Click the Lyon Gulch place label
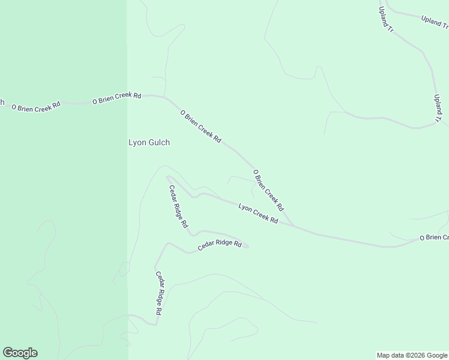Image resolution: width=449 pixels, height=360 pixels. pyautogui.click(x=149, y=143)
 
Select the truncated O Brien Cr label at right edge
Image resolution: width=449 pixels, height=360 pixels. pyautogui.click(x=434, y=238)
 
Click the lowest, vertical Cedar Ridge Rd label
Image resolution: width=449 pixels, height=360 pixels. pyautogui.click(x=159, y=293)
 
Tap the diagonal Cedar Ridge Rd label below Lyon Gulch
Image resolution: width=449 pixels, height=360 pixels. pyautogui.click(x=178, y=206)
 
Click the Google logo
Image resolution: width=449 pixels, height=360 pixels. pyautogui.click(x=20, y=353)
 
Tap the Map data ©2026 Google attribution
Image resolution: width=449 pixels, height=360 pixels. pyautogui.click(x=412, y=355)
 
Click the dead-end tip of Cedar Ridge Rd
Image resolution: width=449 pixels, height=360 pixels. pyautogui.click(x=247, y=246)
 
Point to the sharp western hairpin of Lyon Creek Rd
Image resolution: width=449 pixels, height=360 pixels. pyautogui.click(x=167, y=177)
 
